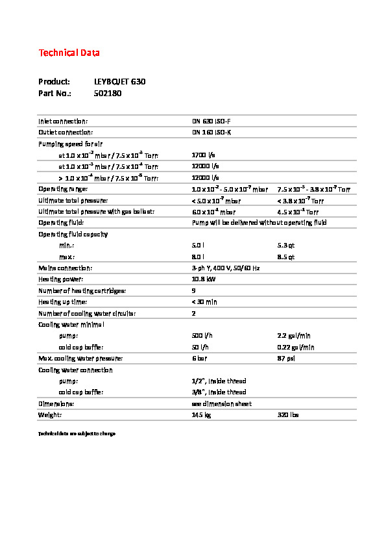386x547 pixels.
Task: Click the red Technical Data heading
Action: click(69, 53)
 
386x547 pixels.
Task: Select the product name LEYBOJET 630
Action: click(119, 82)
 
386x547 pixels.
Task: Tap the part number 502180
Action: click(108, 94)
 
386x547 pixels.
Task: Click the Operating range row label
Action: click(62, 189)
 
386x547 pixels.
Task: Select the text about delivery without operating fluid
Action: click(259, 223)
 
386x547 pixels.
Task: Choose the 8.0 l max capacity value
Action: click(198, 257)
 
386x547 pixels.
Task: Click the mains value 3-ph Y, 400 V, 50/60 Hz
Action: click(226, 268)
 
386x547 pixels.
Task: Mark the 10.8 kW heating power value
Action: click(204, 279)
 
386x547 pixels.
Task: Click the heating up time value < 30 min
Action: click(204, 302)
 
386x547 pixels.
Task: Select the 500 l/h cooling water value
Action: click(202, 336)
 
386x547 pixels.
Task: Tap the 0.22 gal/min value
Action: click(295, 347)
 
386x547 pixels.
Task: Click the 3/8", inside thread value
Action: click(219, 392)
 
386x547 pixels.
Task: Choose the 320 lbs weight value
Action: click(287, 414)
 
